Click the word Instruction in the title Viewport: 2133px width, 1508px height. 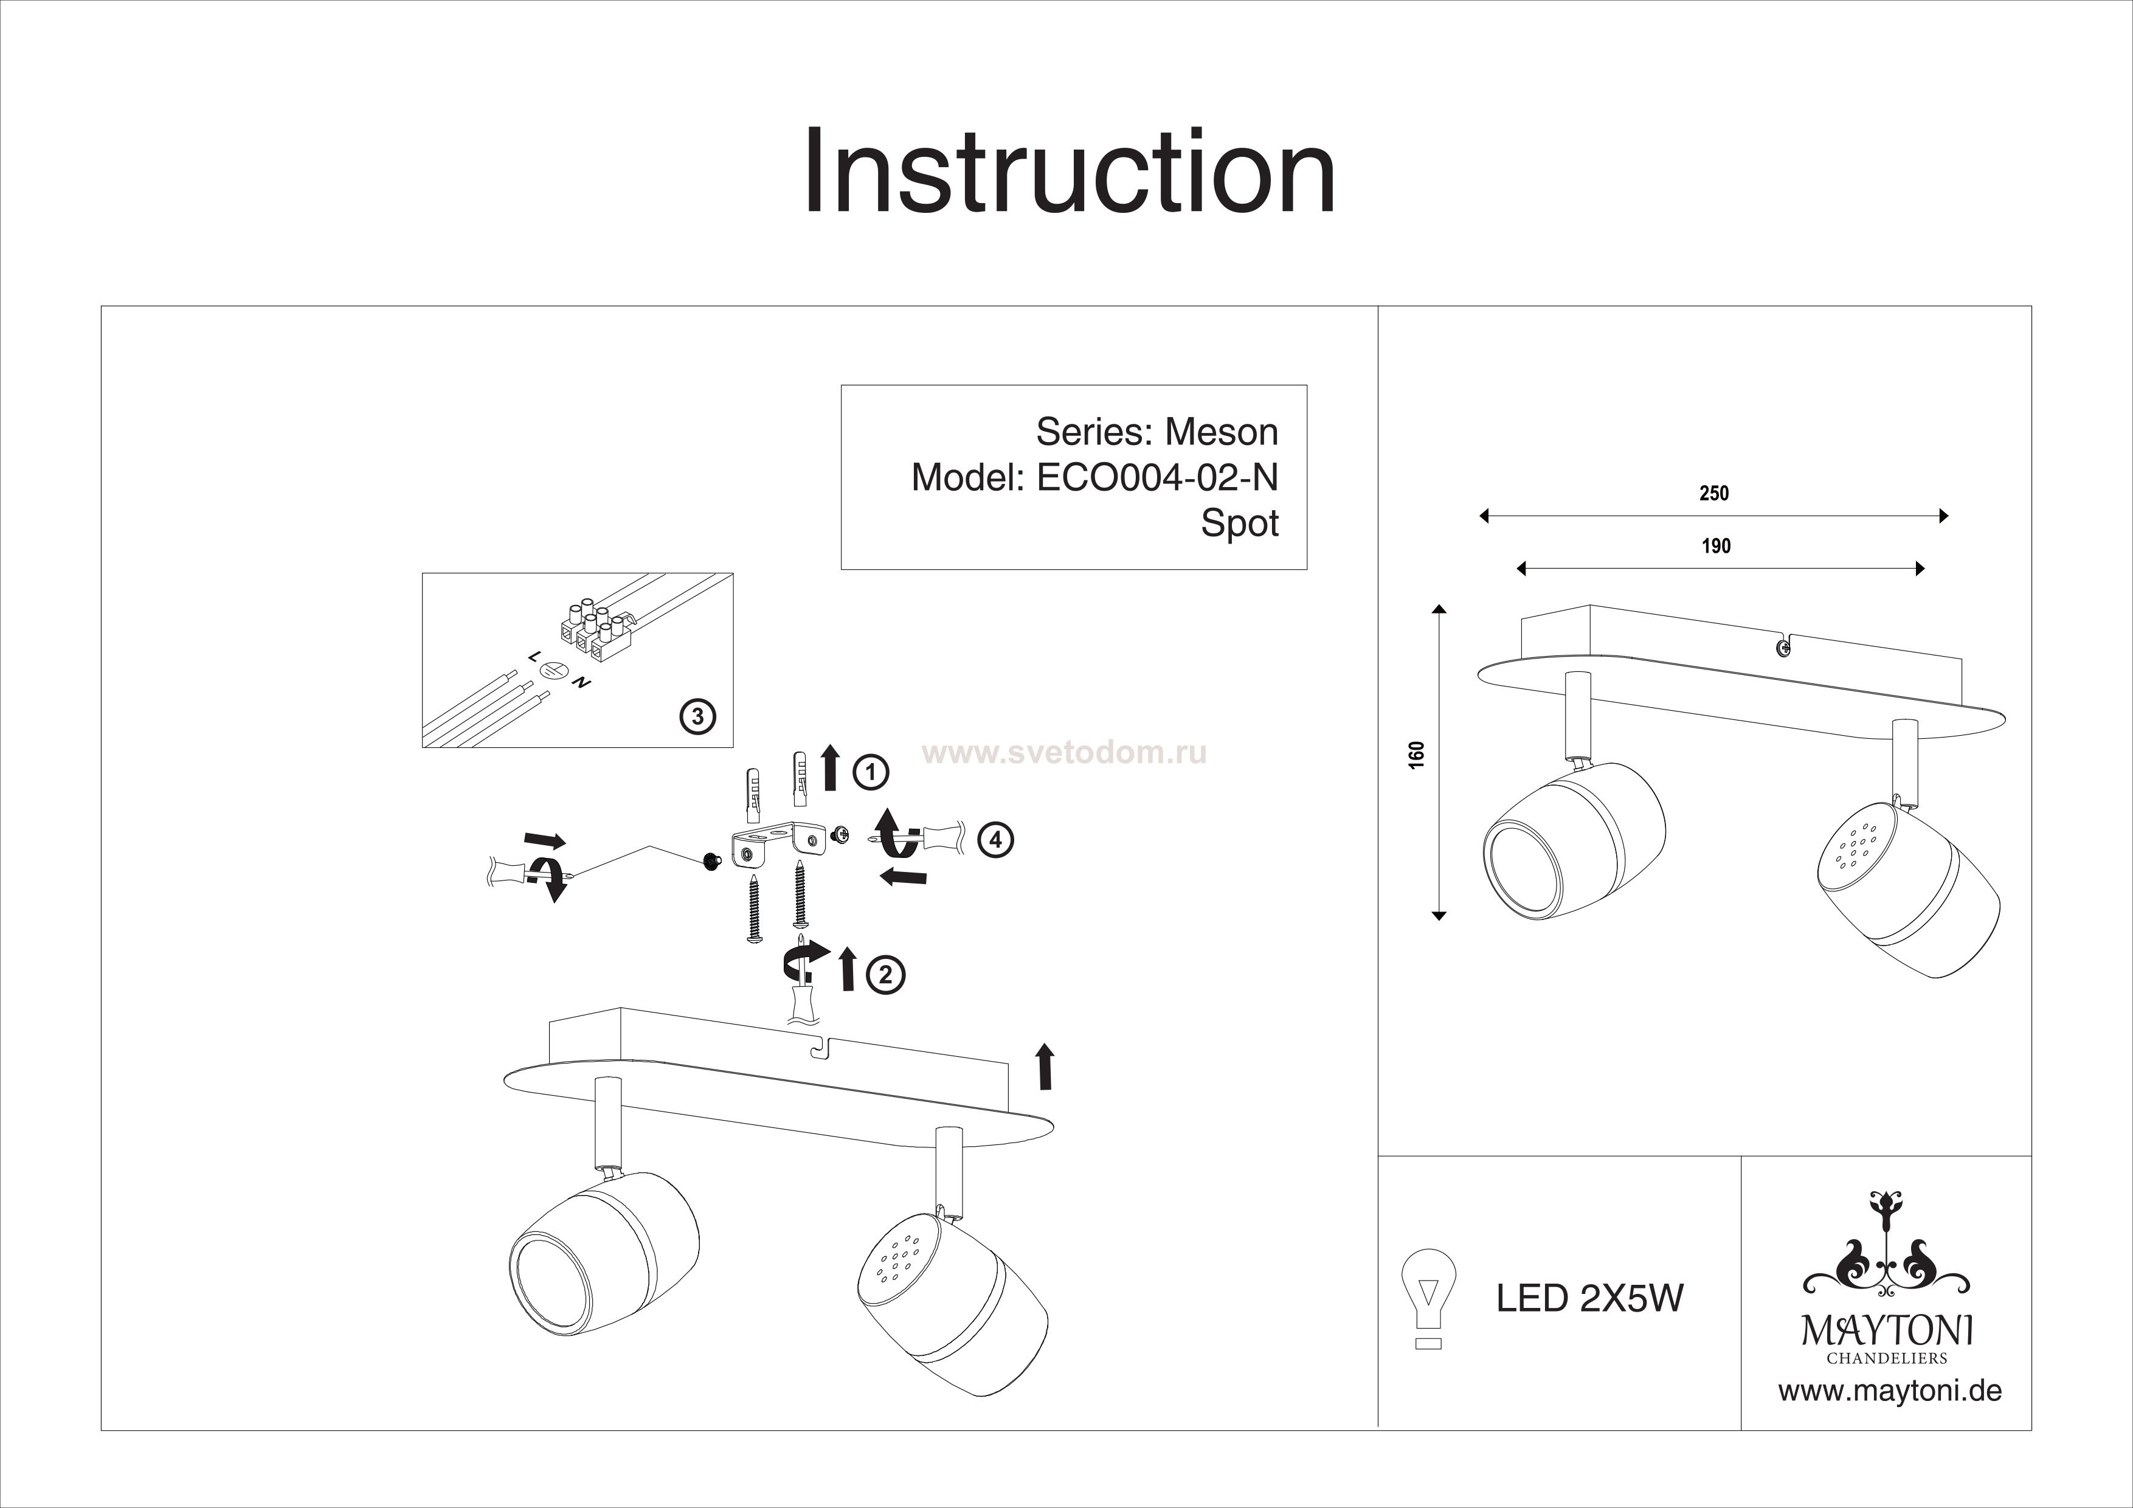[x=1068, y=172]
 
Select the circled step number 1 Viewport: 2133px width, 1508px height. [x=871, y=772]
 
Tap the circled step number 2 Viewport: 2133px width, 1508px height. [x=885, y=975]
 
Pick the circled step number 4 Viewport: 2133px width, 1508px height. [x=995, y=840]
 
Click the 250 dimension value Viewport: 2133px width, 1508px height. [x=1714, y=493]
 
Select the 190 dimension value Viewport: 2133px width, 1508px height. [x=1716, y=545]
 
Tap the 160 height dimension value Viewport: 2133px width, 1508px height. [x=1416, y=755]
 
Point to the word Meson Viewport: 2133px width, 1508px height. [x=1221, y=432]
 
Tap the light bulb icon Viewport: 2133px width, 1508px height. [x=1428, y=1296]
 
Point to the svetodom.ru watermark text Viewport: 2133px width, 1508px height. [x=1068, y=753]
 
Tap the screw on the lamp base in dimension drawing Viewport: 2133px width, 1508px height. [x=1783, y=649]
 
